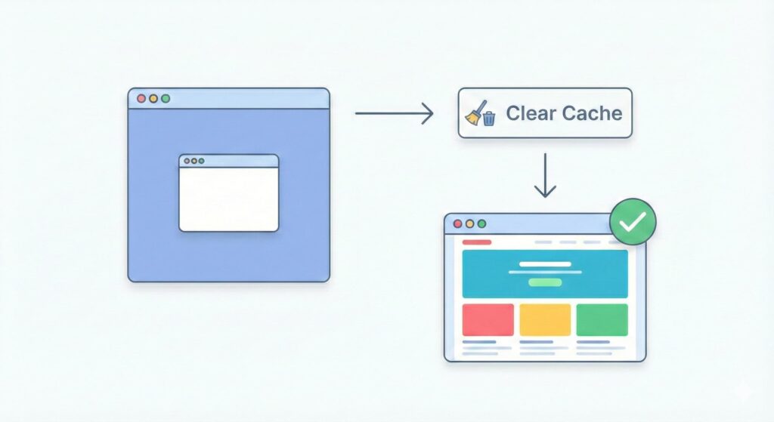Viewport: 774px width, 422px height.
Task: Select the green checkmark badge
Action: click(633, 222)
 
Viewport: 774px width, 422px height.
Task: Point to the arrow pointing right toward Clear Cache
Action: click(393, 114)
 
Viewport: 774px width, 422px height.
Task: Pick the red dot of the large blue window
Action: click(141, 99)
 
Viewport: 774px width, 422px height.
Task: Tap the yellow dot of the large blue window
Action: click(153, 99)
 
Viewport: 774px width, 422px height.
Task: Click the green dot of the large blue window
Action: click(166, 99)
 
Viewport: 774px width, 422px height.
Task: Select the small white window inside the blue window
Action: click(228, 199)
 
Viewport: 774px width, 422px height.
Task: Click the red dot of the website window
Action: click(457, 223)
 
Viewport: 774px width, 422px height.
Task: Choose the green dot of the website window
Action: click(481, 223)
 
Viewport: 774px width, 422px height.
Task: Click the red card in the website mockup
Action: click(488, 319)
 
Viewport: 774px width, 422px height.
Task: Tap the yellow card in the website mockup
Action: click(545, 319)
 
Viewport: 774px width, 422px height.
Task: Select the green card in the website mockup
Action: click(602, 319)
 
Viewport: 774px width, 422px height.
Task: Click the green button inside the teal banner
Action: click(545, 282)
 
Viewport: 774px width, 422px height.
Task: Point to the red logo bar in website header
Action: click(476, 242)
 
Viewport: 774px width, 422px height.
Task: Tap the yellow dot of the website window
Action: click(469, 223)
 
